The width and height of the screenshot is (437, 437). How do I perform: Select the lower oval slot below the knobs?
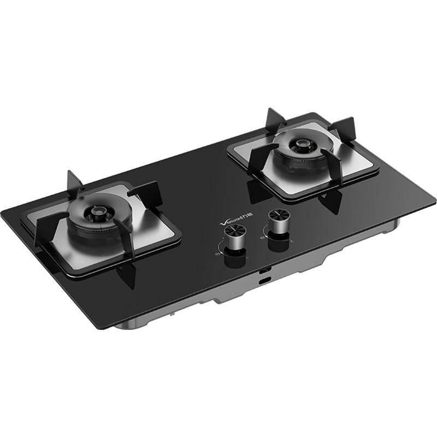tap(265, 280)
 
